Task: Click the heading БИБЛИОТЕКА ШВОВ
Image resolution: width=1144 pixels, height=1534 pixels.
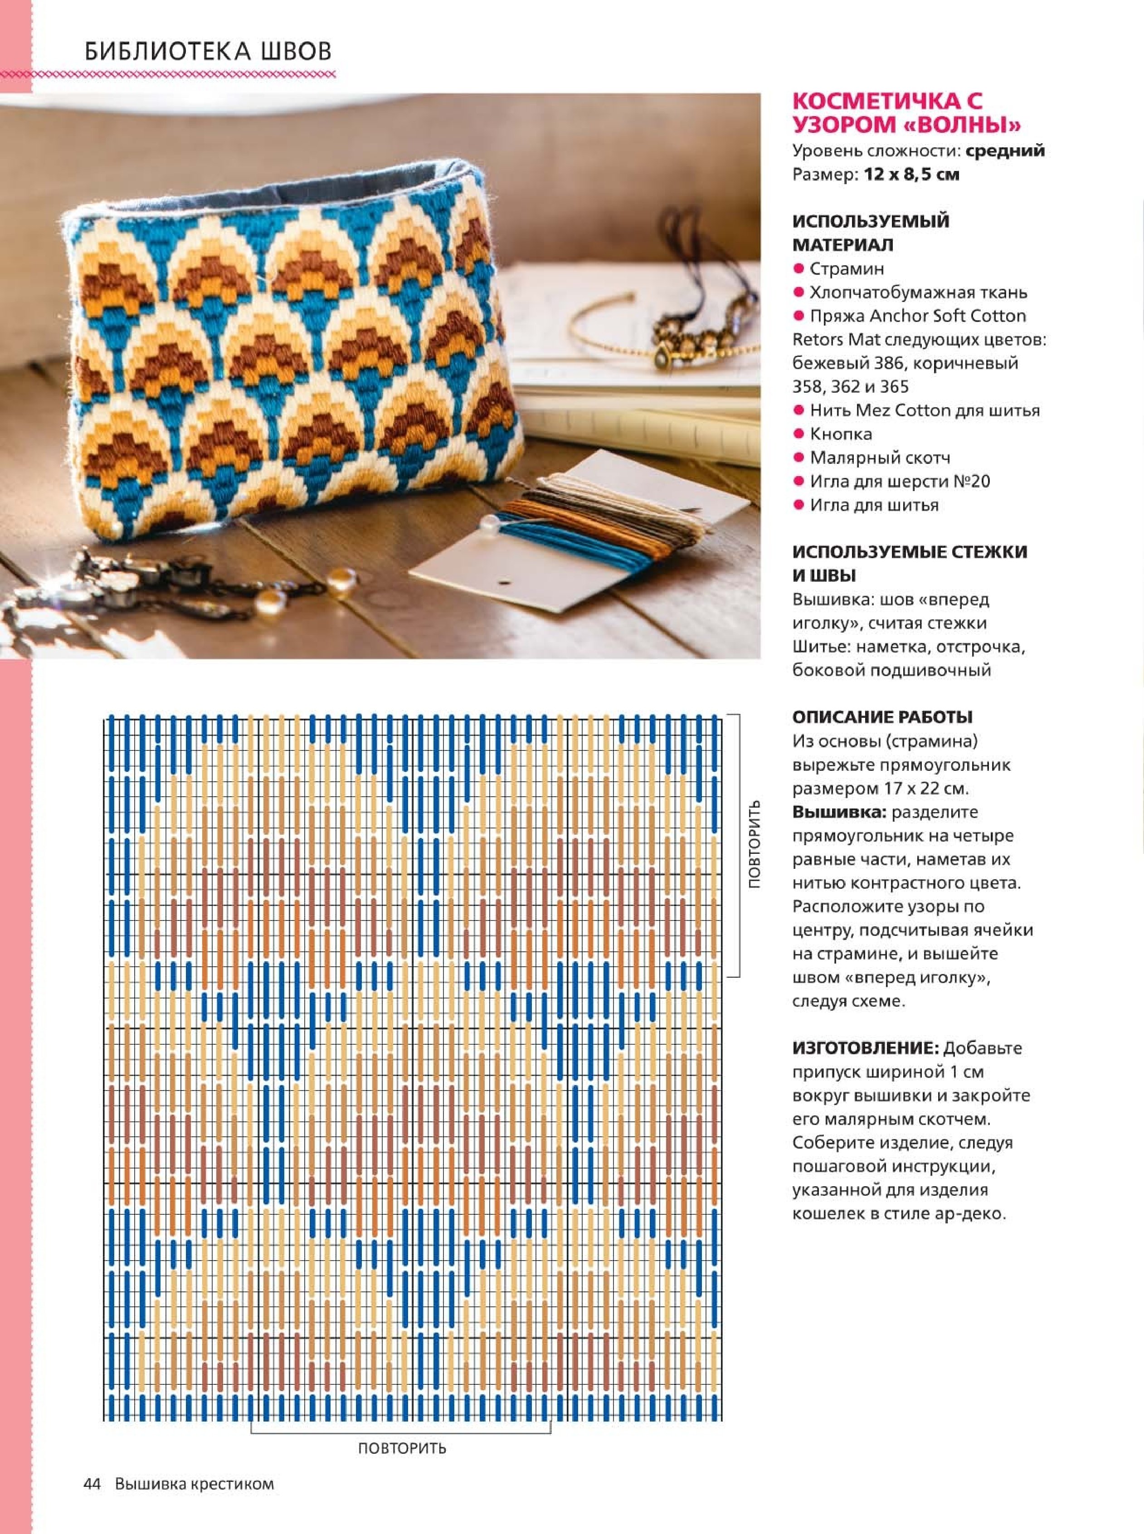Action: tap(208, 51)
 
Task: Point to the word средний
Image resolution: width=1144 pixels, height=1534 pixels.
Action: tap(1005, 150)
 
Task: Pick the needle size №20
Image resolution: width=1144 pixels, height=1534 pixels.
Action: tap(971, 481)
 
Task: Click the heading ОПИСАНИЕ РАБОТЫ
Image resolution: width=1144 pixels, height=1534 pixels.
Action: tap(882, 717)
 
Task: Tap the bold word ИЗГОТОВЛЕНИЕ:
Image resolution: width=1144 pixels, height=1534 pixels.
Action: tap(866, 1048)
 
